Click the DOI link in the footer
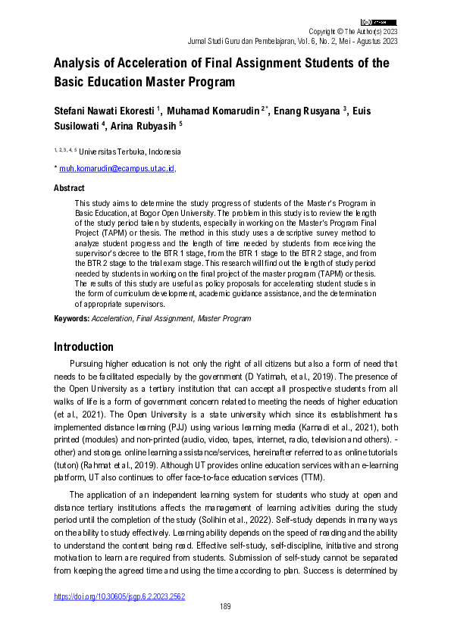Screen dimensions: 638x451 coord(119,596)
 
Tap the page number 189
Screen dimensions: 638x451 coord(225,606)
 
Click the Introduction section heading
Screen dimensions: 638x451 coord(83,347)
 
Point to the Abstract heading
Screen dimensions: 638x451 coord(69,187)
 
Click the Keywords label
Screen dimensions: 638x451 coord(71,319)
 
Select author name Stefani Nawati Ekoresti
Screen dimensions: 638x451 coord(103,111)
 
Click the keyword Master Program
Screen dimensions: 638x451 coord(224,319)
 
